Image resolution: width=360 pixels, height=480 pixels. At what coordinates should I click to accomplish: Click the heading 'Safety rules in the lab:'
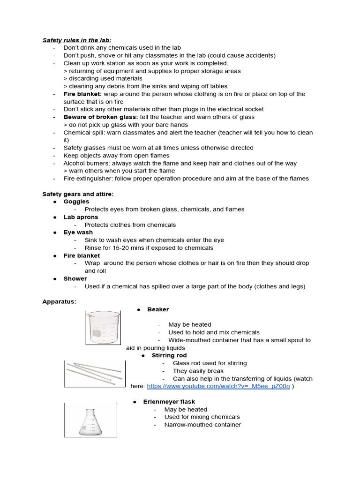pyautogui.click(x=77, y=40)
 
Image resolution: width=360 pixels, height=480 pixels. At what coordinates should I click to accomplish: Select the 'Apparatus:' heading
pyautogui.click(x=59, y=301)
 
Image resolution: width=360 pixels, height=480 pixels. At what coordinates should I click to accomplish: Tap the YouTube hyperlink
pyautogui.click(x=218, y=386)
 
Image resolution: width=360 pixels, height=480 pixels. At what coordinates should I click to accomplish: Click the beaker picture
pyautogui.click(x=103, y=328)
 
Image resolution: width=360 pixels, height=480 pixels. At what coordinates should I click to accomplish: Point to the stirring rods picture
pyautogui.click(x=94, y=373)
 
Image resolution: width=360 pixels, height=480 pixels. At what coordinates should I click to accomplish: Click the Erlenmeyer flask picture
pyautogui.click(x=90, y=420)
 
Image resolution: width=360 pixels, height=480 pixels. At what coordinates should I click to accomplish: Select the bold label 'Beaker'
pyautogui.click(x=158, y=309)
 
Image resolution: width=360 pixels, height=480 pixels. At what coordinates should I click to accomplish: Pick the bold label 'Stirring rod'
pyautogui.click(x=169, y=355)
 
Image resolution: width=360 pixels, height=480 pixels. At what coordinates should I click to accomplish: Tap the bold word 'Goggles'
pyautogui.click(x=76, y=202)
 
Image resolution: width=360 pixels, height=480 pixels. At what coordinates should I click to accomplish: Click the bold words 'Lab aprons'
pyautogui.click(x=81, y=217)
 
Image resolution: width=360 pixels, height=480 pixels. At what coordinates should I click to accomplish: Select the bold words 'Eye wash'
pyautogui.click(x=78, y=232)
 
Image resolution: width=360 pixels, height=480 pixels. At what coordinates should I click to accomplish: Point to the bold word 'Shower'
pyautogui.click(x=75, y=278)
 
